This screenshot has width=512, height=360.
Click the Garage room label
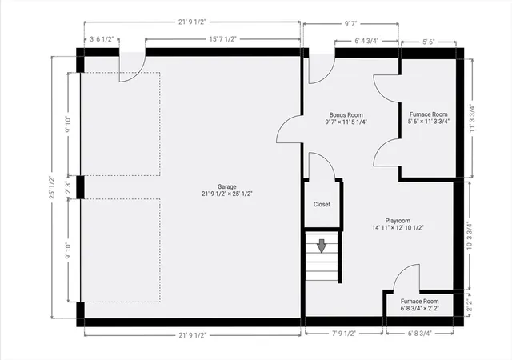click(x=227, y=190)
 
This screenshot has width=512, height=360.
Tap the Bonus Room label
click(x=346, y=118)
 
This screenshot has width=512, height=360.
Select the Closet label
click(x=322, y=204)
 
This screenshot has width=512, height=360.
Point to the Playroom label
click(x=398, y=224)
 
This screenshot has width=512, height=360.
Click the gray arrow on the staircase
click(x=322, y=246)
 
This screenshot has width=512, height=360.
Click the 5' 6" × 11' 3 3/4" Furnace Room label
click(x=429, y=118)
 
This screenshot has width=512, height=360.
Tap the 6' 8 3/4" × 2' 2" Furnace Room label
click(x=419, y=305)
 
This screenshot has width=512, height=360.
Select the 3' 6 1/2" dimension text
click(x=102, y=39)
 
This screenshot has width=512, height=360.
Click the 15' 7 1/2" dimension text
click(x=222, y=39)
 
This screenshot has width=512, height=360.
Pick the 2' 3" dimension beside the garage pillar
click(x=68, y=187)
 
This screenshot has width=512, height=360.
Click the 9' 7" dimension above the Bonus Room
click(x=351, y=23)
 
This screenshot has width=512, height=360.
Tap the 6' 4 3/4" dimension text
click(x=366, y=41)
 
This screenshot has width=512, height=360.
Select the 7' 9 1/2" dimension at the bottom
click(x=343, y=334)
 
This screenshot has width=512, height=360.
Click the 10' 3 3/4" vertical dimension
click(x=470, y=235)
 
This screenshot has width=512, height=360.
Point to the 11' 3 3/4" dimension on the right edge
click(x=472, y=118)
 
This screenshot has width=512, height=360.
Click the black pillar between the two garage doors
click(x=80, y=187)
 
